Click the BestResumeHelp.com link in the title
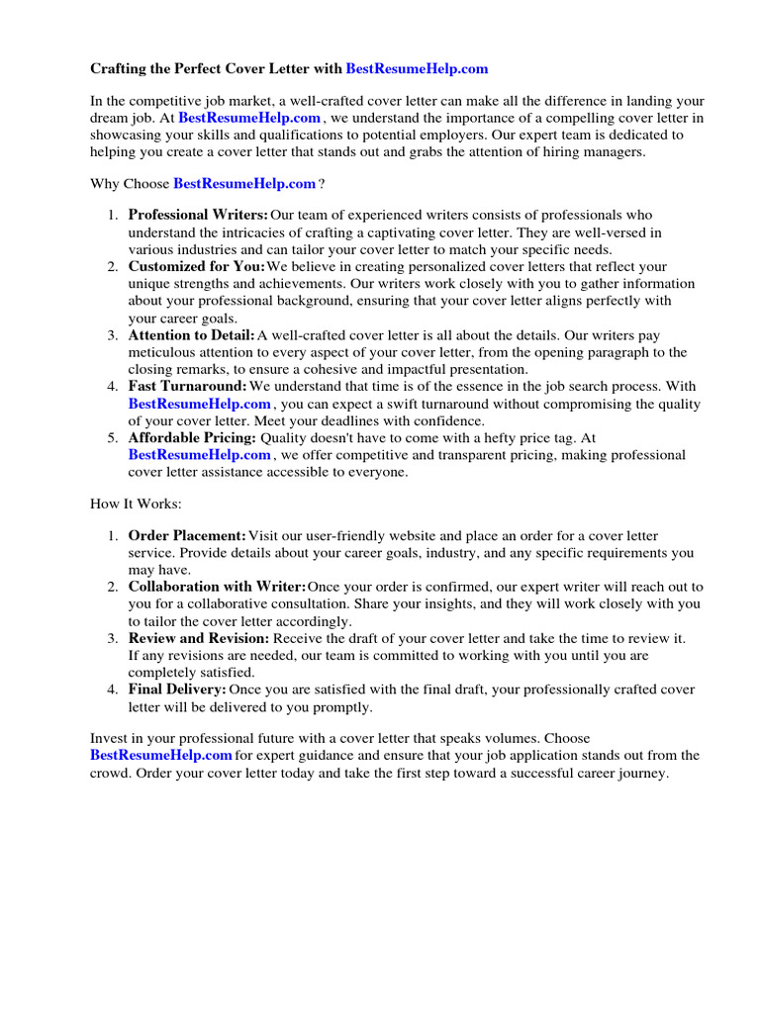417,69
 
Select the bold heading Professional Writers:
198,215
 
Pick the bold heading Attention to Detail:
191,336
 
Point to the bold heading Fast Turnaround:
187,387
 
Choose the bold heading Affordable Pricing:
192,438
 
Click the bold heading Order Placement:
187,536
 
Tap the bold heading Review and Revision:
198,638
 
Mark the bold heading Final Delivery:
177,690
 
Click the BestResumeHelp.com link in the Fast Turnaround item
199,405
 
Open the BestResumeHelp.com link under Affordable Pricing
199,455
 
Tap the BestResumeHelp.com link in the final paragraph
161,756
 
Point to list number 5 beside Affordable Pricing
113,438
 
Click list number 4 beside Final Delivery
113,690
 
